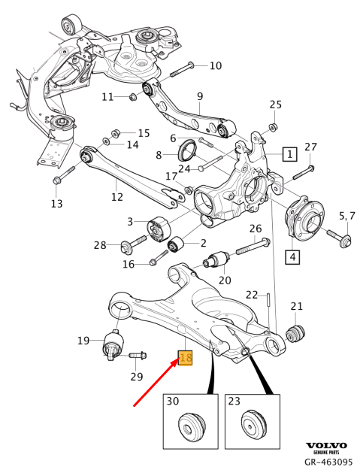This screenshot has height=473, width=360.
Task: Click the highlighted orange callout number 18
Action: (x=185, y=359)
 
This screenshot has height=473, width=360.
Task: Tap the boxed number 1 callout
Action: (x=289, y=155)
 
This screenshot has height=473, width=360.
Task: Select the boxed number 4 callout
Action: (x=290, y=257)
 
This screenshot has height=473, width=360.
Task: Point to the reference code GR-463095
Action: (x=328, y=462)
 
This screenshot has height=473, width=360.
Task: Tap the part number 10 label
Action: (x=215, y=65)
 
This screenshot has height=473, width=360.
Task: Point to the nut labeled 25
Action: (x=274, y=126)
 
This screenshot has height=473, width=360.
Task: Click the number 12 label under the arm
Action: (x=116, y=197)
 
